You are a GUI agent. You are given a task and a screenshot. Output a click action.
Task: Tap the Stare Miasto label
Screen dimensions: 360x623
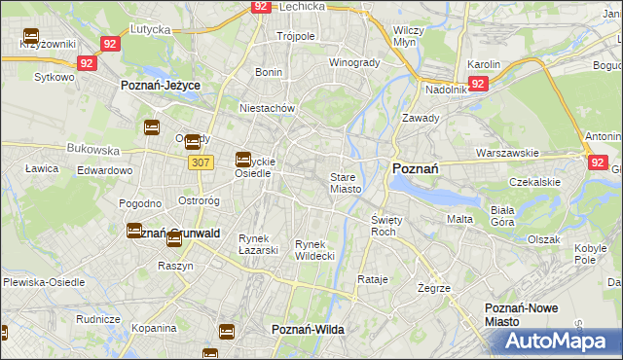346,183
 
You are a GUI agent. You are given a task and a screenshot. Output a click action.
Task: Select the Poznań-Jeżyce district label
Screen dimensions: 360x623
161,86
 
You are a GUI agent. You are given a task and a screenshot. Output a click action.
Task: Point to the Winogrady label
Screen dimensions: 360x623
354,62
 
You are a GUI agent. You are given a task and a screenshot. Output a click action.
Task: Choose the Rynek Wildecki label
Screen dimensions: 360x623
314,249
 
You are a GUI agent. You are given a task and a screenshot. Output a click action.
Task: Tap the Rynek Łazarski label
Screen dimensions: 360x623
259,243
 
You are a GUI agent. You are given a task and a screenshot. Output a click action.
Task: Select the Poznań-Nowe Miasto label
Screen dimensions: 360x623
521,313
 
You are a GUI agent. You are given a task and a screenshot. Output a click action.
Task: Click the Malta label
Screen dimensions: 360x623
459,219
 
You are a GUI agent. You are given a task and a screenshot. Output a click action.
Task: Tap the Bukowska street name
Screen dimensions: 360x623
92,151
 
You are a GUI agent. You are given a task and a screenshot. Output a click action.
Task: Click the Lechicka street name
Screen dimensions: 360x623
301,6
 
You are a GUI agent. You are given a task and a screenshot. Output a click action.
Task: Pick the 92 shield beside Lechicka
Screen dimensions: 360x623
260,6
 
